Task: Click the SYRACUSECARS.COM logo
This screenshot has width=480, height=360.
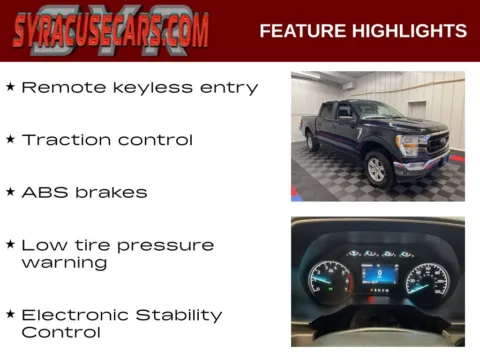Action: pos(111,30)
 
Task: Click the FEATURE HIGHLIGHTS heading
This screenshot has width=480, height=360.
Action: pos(363,31)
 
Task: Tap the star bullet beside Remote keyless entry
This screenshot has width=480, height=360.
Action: pos(10,87)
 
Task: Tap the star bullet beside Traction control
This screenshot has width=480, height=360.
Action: pos(10,139)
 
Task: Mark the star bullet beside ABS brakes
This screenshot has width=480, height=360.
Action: pos(10,191)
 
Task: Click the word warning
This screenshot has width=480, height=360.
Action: pos(64,263)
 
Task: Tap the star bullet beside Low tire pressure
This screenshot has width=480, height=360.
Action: pos(10,244)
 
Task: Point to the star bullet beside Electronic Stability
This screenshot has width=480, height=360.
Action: pos(10,313)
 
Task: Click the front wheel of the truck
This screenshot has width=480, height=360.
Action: pos(378,169)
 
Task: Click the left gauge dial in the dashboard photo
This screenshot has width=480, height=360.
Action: pos(330,279)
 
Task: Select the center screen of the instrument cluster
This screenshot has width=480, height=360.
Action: pos(378,274)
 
